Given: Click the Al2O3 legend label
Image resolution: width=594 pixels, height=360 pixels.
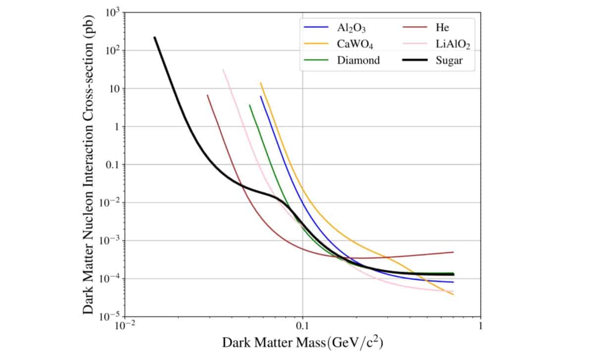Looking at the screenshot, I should pos(351,29).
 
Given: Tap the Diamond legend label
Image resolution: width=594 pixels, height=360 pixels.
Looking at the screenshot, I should pos(358,60).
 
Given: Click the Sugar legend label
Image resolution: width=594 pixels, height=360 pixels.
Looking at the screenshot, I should pos(447,60).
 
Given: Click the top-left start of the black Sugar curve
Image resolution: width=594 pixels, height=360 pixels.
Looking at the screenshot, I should pos(155,38).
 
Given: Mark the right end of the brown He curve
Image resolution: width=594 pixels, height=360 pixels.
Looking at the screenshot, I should pos(453,252).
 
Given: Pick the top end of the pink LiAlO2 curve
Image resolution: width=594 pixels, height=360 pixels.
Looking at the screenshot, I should pos(223,70).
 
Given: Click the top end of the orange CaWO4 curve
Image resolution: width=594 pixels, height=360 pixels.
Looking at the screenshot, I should pos(261,83).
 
